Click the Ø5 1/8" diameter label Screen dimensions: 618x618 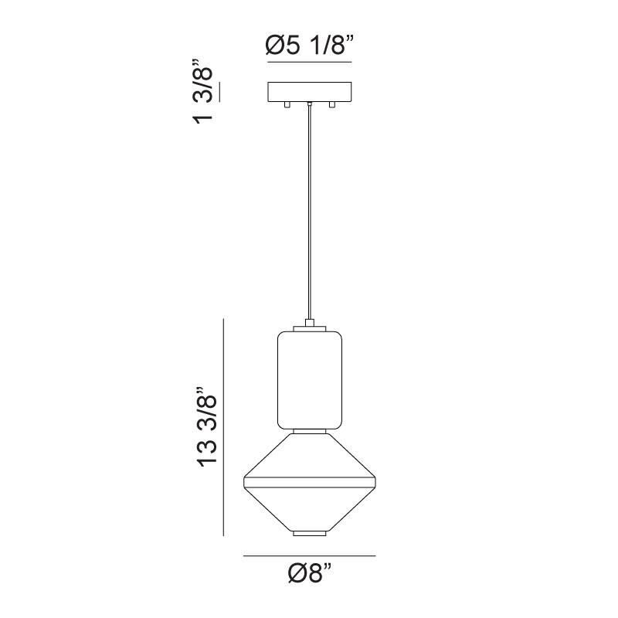tap(309, 47)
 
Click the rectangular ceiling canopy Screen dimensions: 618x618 tap(309, 92)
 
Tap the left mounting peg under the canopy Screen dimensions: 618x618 tap(286, 104)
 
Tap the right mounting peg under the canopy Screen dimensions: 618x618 tap(332, 104)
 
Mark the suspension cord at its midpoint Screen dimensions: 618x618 tap(309, 212)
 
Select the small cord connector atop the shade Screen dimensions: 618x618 tap(309, 324)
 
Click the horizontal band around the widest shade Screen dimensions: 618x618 tap(309, 484)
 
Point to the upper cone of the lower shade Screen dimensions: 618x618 tap(309, 456)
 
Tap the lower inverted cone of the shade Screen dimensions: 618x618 tap(309, 510)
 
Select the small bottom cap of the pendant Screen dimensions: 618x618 tap(309, 534)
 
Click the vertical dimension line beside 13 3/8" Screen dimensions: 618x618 tap(223, 427)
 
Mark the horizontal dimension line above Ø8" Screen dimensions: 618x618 tap(309, 555)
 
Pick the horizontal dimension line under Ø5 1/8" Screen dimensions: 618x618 tap(309, 62)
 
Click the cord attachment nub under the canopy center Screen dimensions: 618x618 tap(309, 104)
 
